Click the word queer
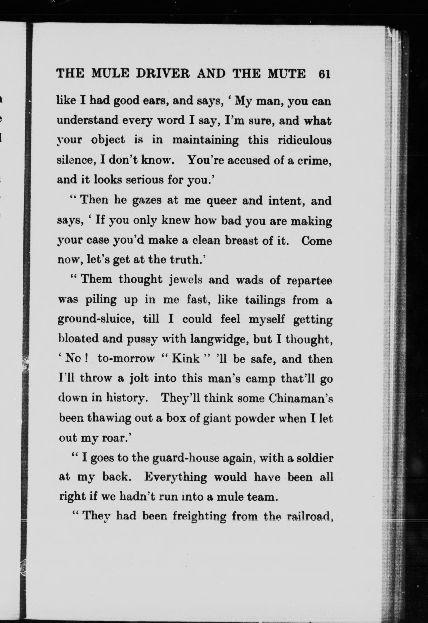(221, 201)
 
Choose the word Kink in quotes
(186, 359)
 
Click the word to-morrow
(126, 359)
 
